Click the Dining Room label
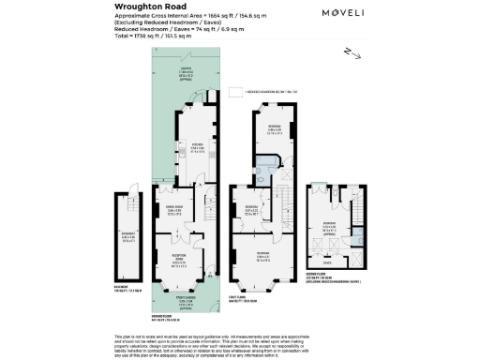coord(172,211)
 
